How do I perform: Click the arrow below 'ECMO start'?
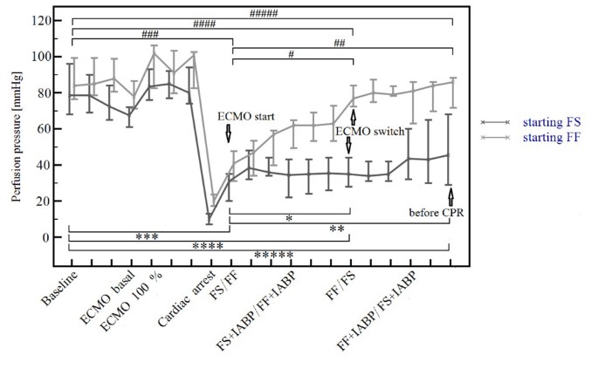click(229, 133)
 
